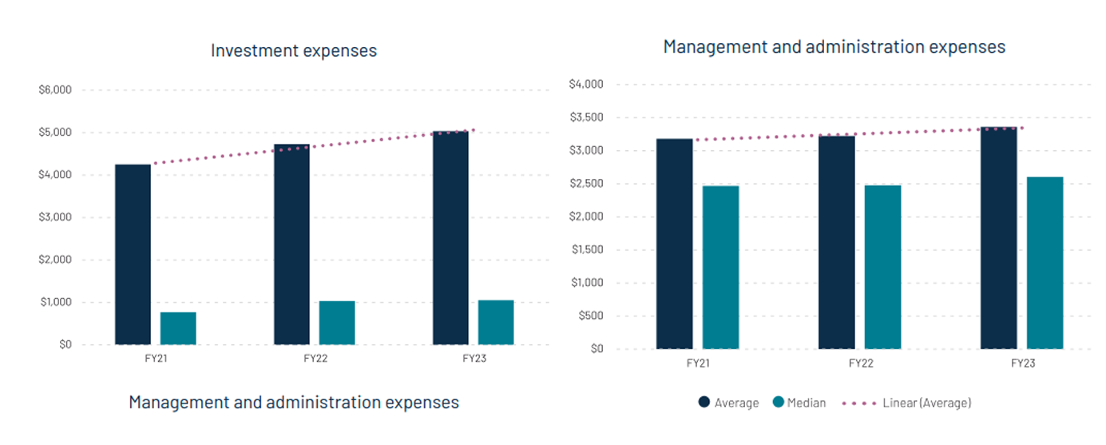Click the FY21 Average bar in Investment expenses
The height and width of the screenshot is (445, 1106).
pyautogui.click(x=133, y=254)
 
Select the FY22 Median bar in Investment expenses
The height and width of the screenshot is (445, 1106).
pyautogui.click(x=337, y=323)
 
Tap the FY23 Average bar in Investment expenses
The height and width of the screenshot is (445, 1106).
pyautogui.click(x=450, y=238)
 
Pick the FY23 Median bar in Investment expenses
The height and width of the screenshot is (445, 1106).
pyautogui.click(x=496, y=322)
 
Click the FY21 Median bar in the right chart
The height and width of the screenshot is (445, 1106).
pyautogui.click(x=720, y=267)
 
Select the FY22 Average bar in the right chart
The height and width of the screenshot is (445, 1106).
pyautogui.click(x=836, y=242)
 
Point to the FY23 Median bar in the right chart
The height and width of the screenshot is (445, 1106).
pyautogui.click(x=1045, y=262)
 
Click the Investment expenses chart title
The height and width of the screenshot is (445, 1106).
pyautogui.click(x=293, y=51)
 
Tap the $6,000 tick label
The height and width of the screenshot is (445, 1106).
pyautogui.click(x=55, y=90)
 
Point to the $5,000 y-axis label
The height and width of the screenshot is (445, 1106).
pyautogui.click(x=55, y=133)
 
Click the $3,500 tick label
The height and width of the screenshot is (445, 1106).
pyautogui.click(x=585, y=117)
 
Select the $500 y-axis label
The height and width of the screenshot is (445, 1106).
pyautogui.click(x=590, y=316)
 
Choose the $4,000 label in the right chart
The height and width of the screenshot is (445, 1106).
pyautogui.click(x=585, y=84)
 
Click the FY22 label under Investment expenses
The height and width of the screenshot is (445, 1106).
pyautogui.click(x=315, y=359)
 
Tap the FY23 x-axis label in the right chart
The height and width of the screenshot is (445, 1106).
pyautogui.click(x=1022, y=363)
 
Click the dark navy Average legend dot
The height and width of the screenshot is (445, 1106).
pyautogui.click(x=704, y=403)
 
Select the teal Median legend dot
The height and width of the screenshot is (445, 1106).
pyautogui.click(x=779, y=403)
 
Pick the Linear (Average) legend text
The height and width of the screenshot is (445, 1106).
pyautogui.click(x=926, y=403)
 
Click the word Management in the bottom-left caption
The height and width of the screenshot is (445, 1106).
pyautogui.click(x=178, y=402)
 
